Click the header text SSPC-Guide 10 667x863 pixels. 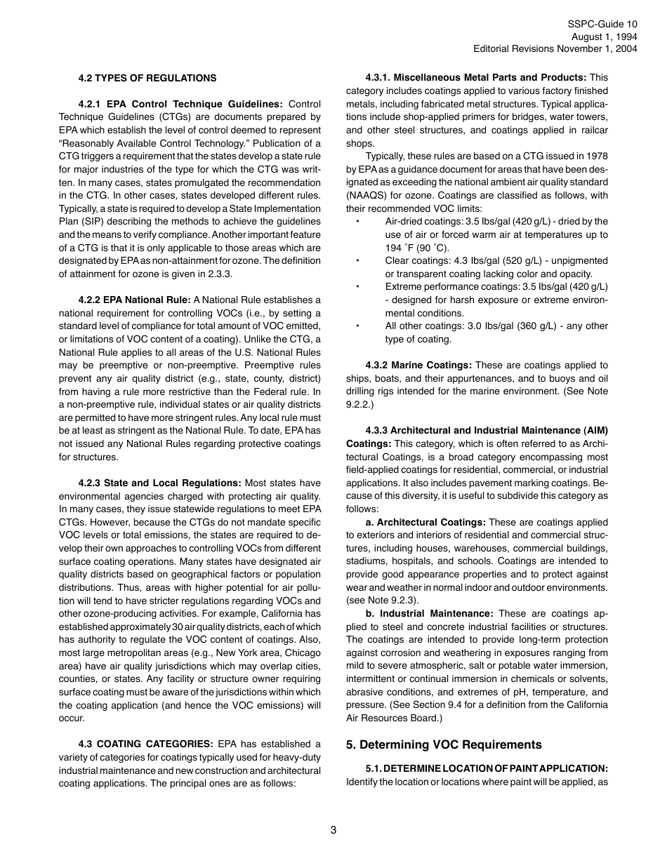[602, 24]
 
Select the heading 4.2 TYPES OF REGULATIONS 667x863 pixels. [147, 78]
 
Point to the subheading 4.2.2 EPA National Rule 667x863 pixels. [134, 300]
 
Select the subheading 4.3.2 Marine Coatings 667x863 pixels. [418, 365]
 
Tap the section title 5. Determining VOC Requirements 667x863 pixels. [444, 744]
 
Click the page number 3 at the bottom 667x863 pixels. [333, 830]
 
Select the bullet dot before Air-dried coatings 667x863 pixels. [357, 222]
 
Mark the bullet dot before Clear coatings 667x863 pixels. [357, 261]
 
